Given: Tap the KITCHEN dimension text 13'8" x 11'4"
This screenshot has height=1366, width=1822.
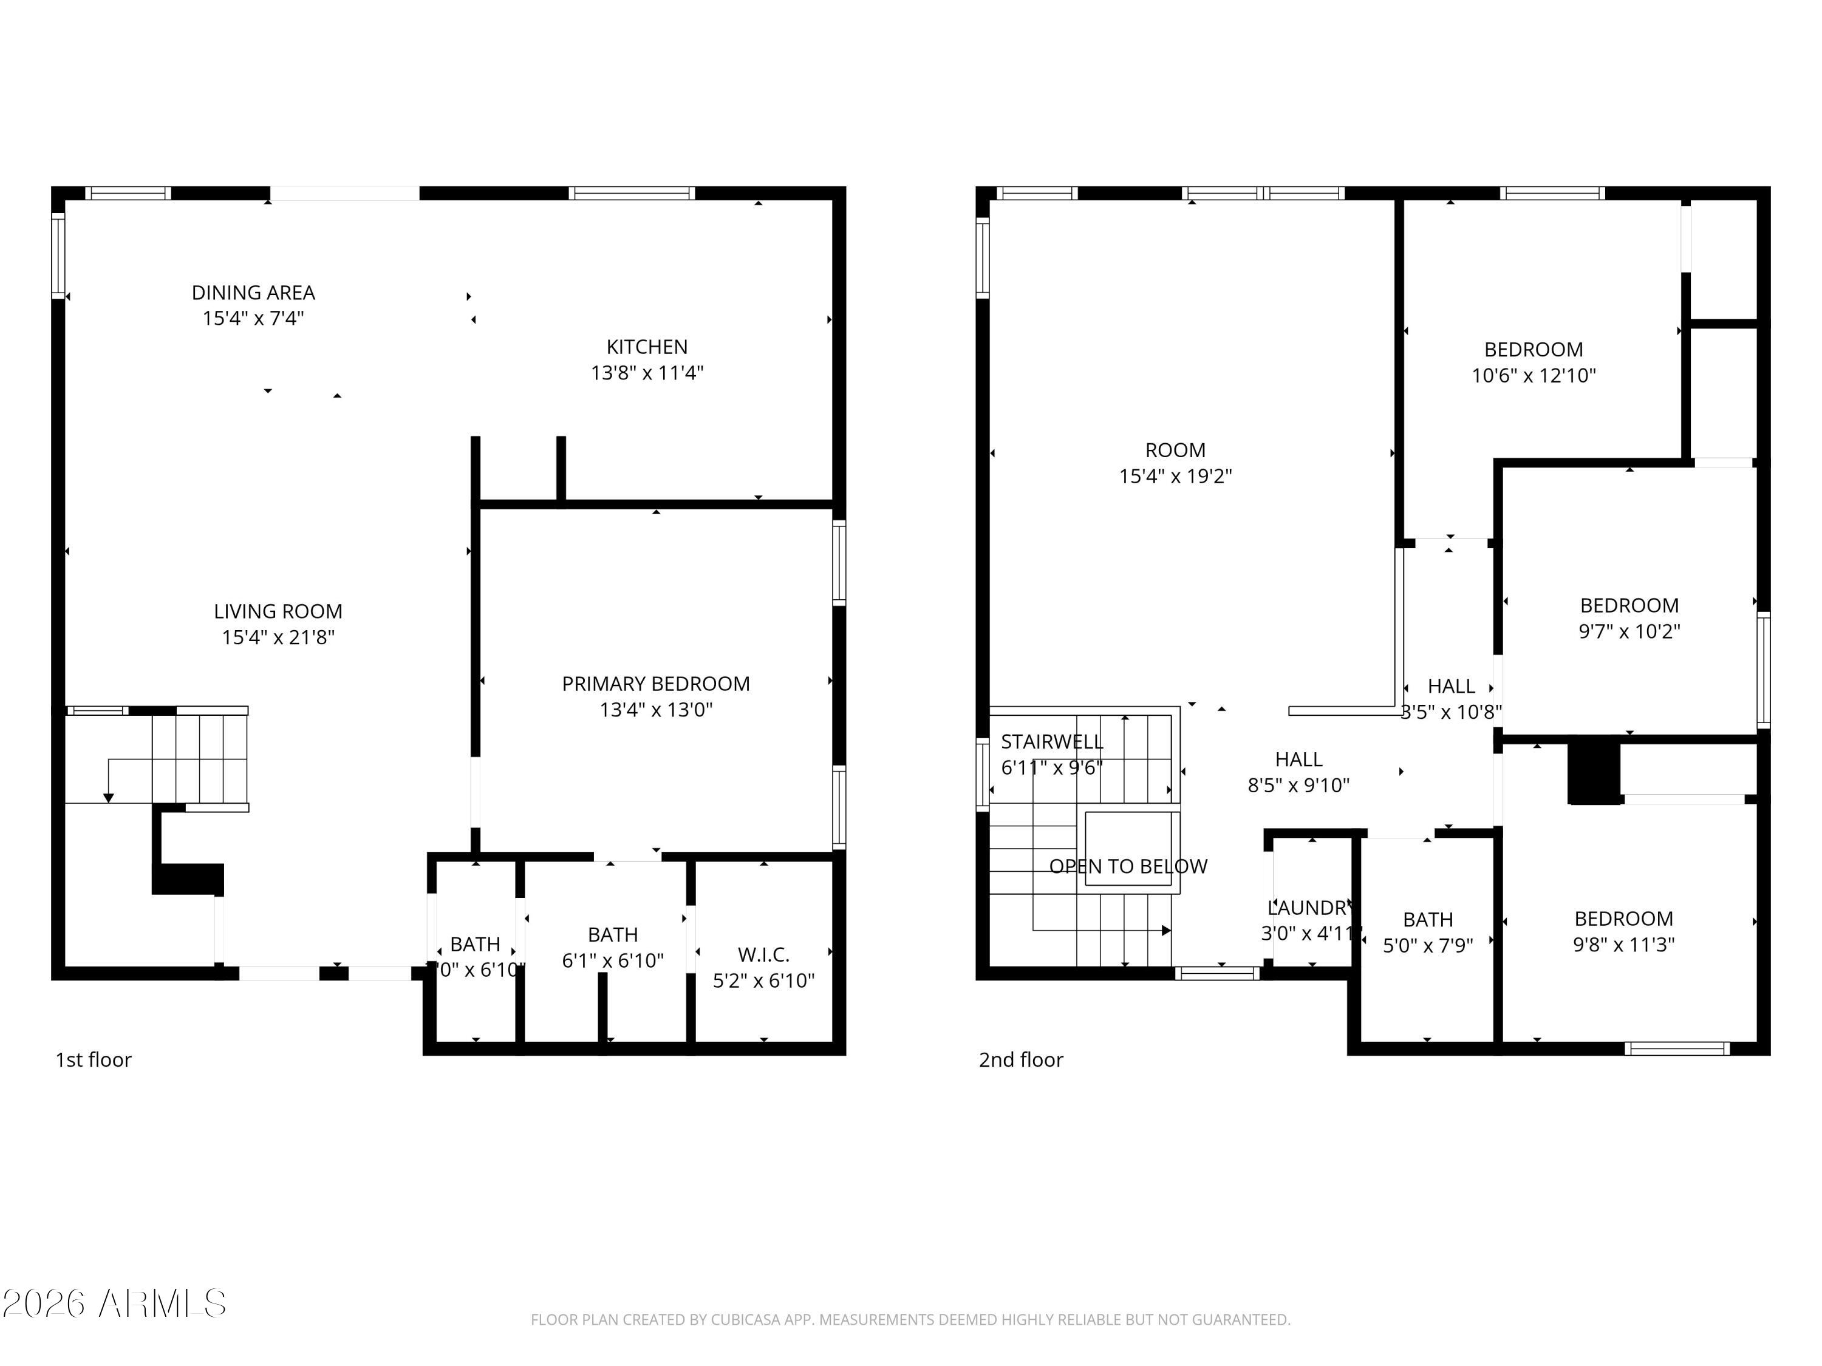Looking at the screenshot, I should pos(647,373).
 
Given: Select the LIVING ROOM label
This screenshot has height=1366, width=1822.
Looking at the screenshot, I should pos(278,611).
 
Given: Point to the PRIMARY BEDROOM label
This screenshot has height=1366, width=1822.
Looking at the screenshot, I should pos(656,684).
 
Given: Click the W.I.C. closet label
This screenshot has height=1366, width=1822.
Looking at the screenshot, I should pos(763,954).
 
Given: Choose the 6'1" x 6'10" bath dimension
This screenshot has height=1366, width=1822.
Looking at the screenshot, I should pos(612,960).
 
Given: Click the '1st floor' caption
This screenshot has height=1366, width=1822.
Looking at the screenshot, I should pos(93,1059).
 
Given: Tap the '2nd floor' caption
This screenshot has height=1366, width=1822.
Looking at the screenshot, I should pos(1020,1059).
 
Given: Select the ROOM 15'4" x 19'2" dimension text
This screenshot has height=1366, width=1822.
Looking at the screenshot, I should pos(1175,476).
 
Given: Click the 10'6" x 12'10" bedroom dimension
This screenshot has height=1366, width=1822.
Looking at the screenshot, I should pos(1533,375).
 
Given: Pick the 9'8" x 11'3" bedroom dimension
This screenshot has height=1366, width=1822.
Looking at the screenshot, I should pos(1623,945).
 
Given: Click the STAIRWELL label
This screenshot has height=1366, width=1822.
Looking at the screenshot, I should pos(1051,742).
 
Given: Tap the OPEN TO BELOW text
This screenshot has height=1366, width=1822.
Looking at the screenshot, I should pos(1128,866).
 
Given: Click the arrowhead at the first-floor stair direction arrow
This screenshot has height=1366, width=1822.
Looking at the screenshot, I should pos(108,798).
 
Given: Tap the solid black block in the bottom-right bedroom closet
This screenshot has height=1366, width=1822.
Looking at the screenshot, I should pos(1594,770).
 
